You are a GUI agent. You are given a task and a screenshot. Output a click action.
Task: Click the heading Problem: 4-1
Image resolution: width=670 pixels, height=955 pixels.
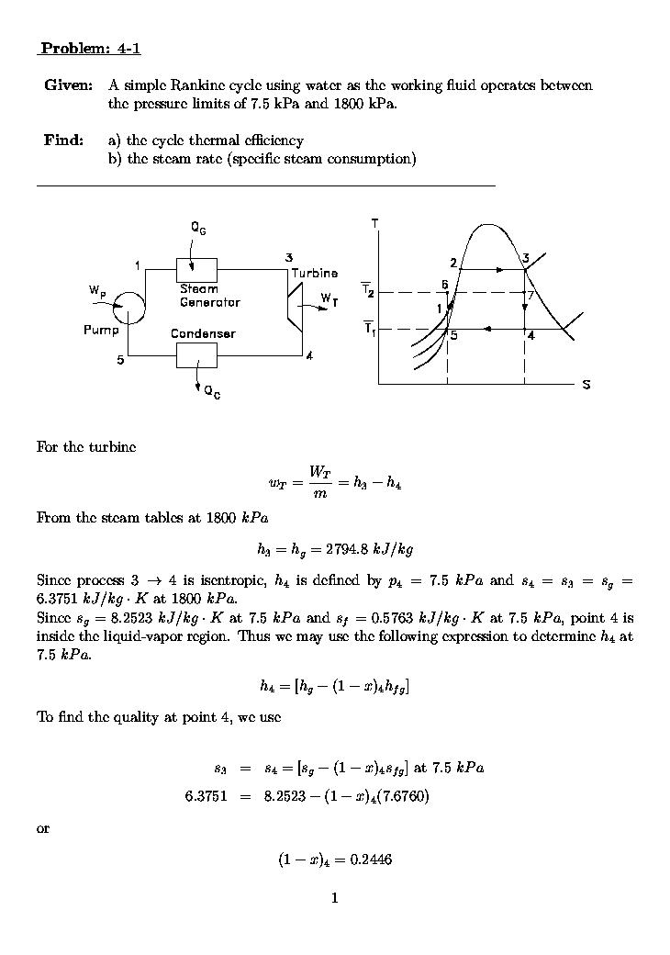[x=91, y=49]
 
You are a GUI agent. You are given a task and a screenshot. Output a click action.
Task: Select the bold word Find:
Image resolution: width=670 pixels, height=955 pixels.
[x=64, y=140]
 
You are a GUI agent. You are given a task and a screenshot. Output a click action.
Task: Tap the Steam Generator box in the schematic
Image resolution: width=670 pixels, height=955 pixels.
[x=196, y=269]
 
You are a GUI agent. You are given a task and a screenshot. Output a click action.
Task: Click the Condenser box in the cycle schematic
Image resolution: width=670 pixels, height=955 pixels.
[x=196, y=354]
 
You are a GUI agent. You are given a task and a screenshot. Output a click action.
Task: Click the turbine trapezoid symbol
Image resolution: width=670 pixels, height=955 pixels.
[x=296, y=306]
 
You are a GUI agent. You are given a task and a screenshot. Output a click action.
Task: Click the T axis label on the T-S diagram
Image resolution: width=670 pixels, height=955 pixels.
[x=375, y=222]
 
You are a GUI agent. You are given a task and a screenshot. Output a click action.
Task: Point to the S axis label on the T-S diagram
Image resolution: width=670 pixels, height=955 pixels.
[x=586, y=385]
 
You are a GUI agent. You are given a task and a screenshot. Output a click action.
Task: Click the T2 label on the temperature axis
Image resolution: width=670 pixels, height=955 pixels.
[x=367, y=291]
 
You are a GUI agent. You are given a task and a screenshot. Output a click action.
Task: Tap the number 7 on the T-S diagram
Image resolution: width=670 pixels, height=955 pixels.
[x=530, y=295]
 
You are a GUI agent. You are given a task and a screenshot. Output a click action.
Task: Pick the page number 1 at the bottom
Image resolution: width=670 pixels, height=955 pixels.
[x=334, y=897]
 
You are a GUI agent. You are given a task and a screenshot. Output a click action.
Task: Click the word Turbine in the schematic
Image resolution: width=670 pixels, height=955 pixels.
[x=314, y=274]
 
